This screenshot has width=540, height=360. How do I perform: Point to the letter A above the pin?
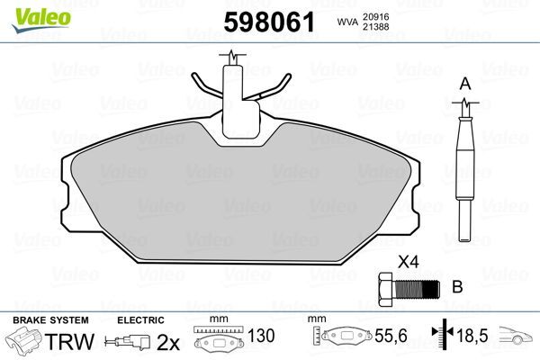[x=464, y=84]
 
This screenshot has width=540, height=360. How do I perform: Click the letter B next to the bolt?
[x=456, y=288]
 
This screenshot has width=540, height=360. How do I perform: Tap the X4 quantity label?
[x=409, y=264]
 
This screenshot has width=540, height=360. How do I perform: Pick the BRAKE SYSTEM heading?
[x=49, y=319]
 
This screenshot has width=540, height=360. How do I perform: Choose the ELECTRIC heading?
[x=140, y=319]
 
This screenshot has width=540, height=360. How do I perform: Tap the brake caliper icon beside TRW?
[x=25, y=343]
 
